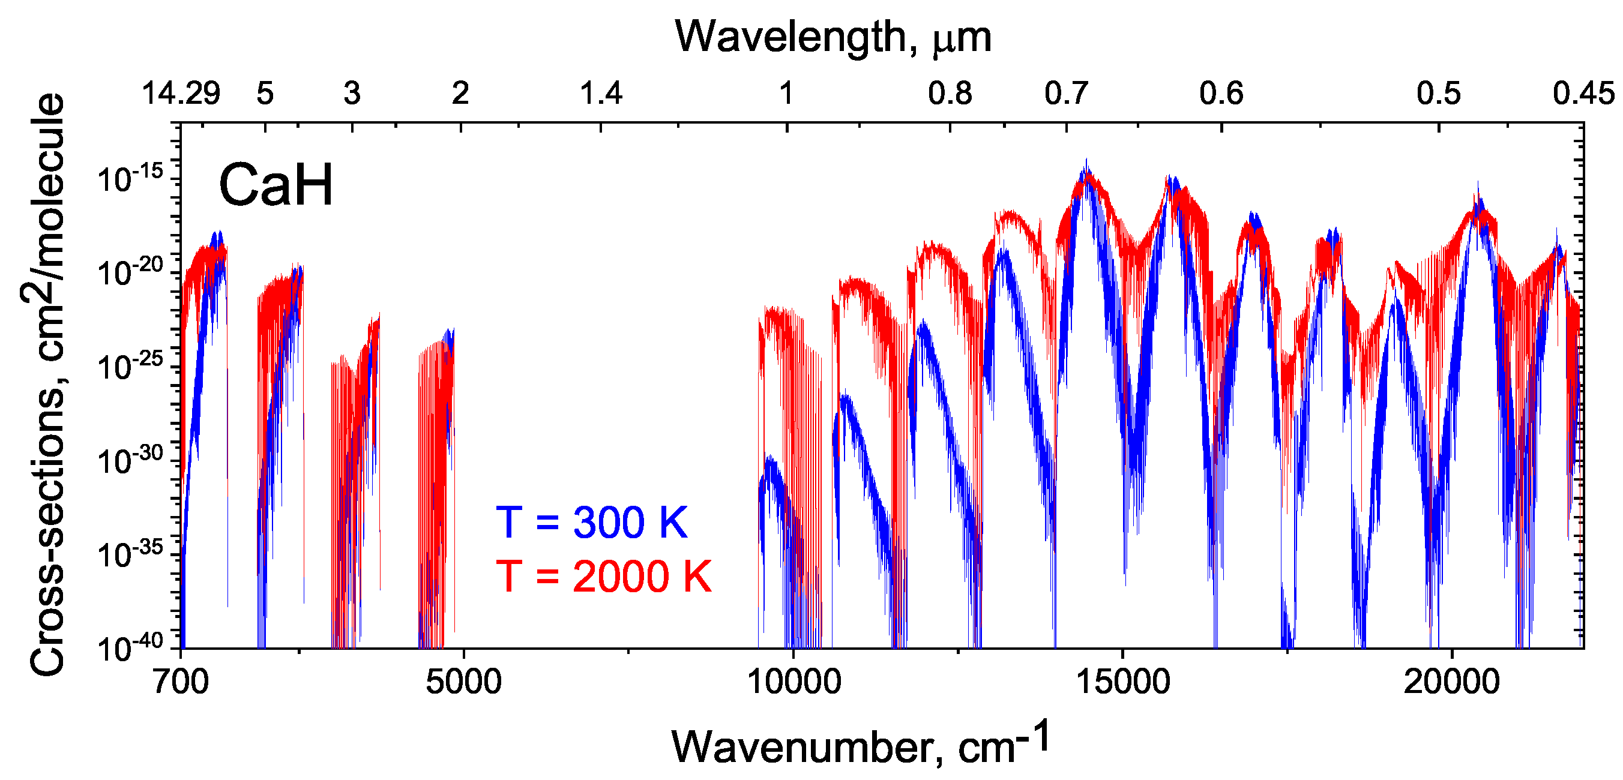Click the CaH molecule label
[x=276, y=185]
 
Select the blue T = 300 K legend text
[x=592, y=523]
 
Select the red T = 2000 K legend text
[x=604, y=577]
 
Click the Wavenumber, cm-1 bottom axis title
[x=861, y=745]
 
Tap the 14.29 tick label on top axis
[x=181, y=93]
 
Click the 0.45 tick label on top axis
[x=1583, y=93]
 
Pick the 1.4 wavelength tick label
[x=600, y=93]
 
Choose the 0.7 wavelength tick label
[x=1066, y=93]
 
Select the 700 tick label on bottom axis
[x=181, y=682]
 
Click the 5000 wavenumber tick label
[x=463, y=682]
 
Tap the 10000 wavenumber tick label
[x=793, y=682]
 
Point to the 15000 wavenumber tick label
[x=1123, y=682]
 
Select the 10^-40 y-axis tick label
[x=130, y=646]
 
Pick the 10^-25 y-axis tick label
[x=130, y=366]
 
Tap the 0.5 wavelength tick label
[x=1438, y=93]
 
